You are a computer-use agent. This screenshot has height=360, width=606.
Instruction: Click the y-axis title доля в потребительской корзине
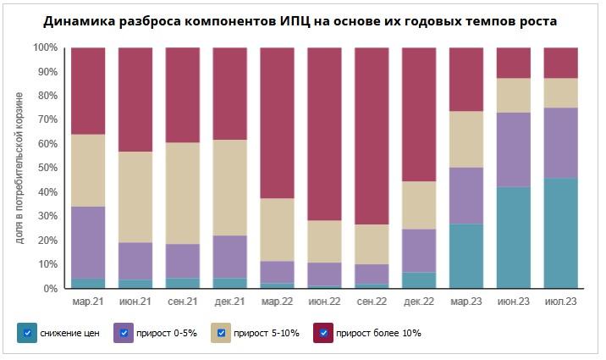[x=19, y=168]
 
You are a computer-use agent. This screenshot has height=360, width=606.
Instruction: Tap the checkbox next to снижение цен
[x=28, y=333]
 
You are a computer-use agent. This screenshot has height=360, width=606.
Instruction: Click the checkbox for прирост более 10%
[x=324, y=333]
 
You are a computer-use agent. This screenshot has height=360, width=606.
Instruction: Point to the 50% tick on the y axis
[x=46, y=169]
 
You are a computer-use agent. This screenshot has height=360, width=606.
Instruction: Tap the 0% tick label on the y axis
[x=48, y=289]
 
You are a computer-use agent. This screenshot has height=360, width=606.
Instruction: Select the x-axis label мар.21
[x=88, y=301]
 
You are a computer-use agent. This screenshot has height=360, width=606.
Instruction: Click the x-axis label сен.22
[x=372, y=301]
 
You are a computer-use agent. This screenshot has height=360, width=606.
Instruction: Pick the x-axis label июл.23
[x=560, y=301]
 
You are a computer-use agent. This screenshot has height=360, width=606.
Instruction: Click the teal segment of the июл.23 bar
[x=560, y=233]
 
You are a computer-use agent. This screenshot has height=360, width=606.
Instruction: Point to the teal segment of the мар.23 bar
[x=466, y=256]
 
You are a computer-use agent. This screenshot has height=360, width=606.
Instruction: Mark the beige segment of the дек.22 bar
[x=419, y=205]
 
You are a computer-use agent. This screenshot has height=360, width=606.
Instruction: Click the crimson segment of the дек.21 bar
[x=230, y=93]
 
